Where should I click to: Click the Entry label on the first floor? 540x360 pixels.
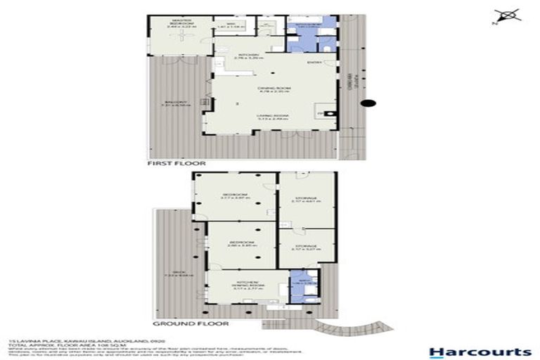point(314,64)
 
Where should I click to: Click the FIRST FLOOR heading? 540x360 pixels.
point(176,162)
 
